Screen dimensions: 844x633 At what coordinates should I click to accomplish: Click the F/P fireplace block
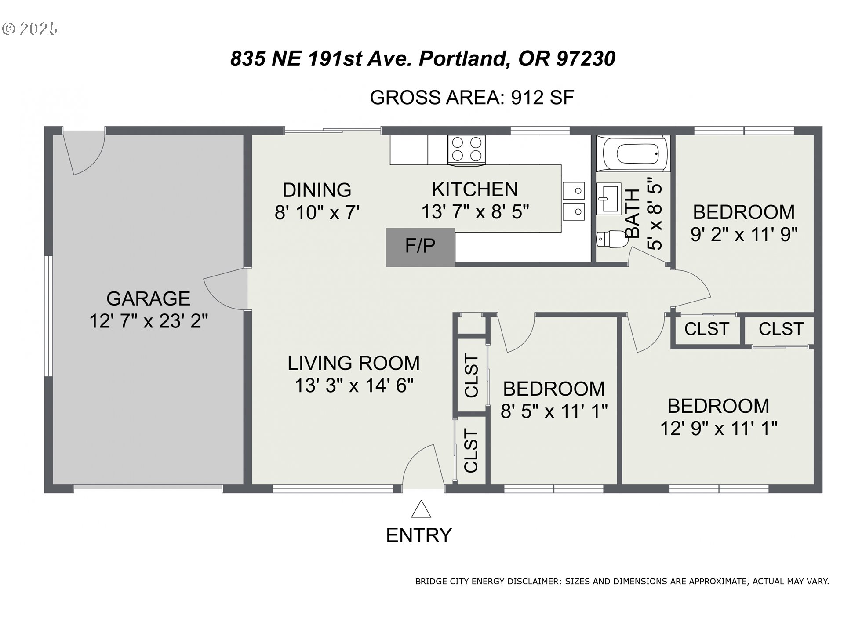420,247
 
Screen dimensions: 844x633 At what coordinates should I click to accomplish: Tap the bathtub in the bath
633,154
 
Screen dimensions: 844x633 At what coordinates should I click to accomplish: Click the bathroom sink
608,199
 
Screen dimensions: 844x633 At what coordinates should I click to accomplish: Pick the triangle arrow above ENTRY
421,509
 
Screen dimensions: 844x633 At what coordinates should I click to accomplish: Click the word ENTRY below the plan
419,535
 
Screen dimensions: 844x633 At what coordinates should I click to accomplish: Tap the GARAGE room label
148,298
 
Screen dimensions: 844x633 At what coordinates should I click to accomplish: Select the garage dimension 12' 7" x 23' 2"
149,321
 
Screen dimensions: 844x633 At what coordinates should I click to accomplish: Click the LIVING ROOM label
354,363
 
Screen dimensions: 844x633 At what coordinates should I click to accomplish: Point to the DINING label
317,190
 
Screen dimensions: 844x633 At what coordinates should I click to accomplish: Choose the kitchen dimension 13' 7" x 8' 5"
475,212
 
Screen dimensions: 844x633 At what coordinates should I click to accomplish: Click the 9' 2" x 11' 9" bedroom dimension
744,234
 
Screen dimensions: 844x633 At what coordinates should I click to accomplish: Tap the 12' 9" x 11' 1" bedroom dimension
719,428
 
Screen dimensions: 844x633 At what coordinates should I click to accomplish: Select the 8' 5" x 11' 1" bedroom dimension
554,411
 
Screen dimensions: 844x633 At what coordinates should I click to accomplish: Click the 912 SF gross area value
542,97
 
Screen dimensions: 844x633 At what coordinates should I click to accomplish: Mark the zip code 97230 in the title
586,58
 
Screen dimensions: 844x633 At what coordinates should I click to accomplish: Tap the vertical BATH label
633,214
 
